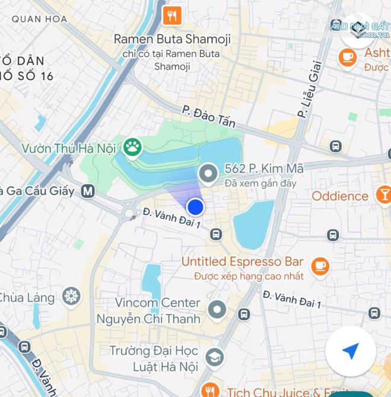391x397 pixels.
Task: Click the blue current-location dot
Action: [196, 207]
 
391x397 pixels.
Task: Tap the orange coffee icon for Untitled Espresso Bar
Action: [320, 265]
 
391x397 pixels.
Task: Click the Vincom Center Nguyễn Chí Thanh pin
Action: [218, 309]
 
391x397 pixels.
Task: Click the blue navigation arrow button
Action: [351, 351]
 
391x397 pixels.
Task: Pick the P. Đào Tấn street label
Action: [209, 117]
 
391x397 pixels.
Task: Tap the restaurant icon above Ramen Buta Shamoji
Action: [173, 16]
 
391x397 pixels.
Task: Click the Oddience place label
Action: [340, 196]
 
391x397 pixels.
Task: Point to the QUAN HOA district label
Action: [35, 18]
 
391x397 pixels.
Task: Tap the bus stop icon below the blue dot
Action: [216, 235]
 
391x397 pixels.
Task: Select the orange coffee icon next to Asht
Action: [347, 57]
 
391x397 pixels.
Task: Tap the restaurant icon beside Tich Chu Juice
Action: [208, 390]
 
